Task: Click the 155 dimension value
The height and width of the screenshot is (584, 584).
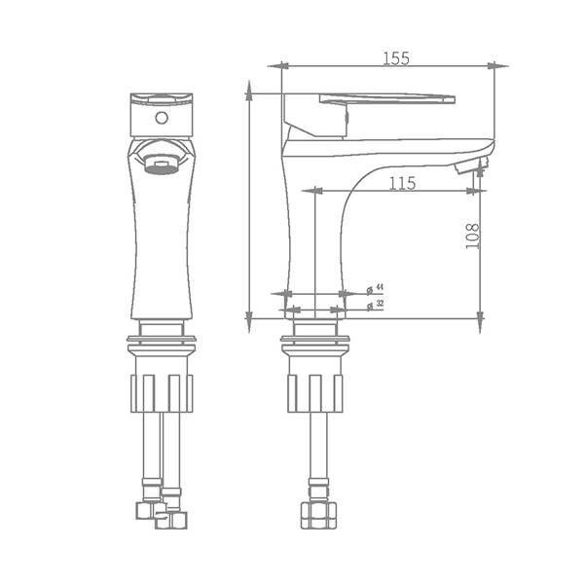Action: pyautogui.click(x=396, y=58)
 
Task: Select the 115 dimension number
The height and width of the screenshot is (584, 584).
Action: pyautogui.click(x=403, y=183)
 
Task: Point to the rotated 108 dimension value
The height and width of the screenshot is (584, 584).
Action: pyautogui.click(x=473, y=237)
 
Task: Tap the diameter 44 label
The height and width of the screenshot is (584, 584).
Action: pyautogui.click(x=376, y=288)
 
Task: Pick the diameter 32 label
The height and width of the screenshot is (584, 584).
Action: pyautogui.click(x=376, y=305)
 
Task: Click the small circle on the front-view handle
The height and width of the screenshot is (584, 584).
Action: pyautogui.click(x=162, y=118)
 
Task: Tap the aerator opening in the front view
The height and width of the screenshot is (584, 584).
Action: pyautogui.click(x=162, y=164)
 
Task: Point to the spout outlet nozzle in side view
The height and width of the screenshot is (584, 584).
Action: pyautogui.click(x=471, y=164)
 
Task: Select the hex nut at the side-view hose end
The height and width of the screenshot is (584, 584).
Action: pyautogui.click(x=318, y=515)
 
